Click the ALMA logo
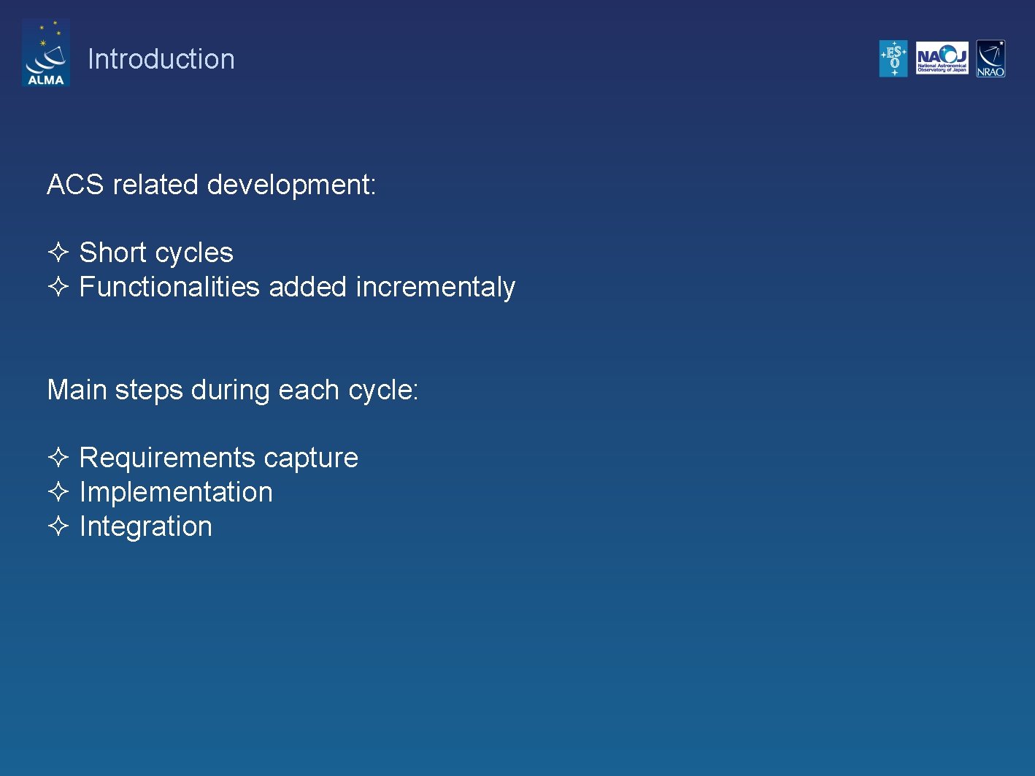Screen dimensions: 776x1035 [x=45, y=53]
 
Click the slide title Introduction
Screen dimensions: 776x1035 [x=161, y=59]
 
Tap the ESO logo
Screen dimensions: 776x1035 [x=893, y=58]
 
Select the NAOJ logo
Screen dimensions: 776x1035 [x=942, y=58]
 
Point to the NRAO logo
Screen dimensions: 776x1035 [x=990, y=58]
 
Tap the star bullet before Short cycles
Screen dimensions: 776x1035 [x=58, y=252]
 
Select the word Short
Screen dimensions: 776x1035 [x=113, y=253]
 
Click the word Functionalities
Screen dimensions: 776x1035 [x=169, y=287]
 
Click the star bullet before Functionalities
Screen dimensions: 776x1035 [x=58, y=286]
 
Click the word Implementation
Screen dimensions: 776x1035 [x=175, y=492]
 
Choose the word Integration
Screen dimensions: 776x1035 [x=145, y=527]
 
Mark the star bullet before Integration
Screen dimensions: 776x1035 [x=58, y=526]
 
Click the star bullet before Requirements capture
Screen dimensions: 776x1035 [x=58, y=457]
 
